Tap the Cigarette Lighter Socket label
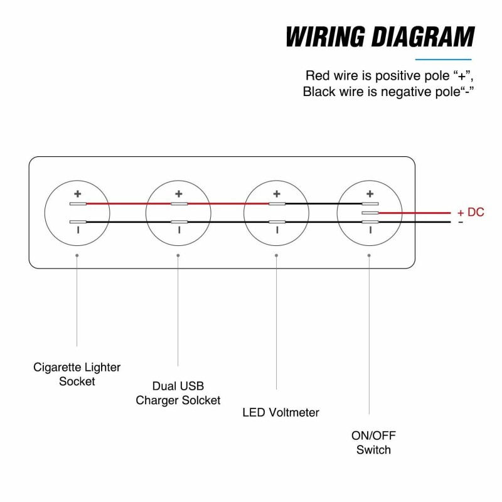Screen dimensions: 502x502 (77, 374)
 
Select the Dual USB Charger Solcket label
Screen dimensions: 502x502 (178, 393)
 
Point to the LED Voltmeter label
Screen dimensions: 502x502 (280, 412)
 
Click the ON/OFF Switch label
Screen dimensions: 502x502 (373, 442)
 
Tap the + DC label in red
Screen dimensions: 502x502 (471, 212)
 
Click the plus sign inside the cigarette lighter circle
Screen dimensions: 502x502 (78, 193)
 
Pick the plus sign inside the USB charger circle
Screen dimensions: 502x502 (179, 193)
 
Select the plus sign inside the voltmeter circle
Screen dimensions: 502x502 (276, 193)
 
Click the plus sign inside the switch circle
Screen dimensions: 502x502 (370, 193)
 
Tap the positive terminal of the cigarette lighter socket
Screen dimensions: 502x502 (78, 204)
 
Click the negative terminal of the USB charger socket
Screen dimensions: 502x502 (179, 222)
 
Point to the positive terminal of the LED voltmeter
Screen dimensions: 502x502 (277, 204)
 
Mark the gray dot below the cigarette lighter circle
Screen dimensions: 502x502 (77, 255)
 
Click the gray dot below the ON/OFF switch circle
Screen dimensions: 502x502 (369, 255)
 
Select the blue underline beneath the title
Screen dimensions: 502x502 (444, 60)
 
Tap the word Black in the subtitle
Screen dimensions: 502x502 (321, 92)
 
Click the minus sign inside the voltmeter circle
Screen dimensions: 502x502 (277, 230)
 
